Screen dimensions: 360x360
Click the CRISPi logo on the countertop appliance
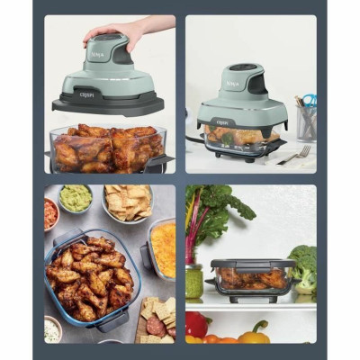point(220,121)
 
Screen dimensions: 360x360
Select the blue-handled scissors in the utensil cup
point(308,101)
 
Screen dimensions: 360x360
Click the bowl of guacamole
point(76,198)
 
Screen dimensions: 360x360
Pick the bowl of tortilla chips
point(126,202)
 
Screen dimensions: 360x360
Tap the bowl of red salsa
point(50,212)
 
